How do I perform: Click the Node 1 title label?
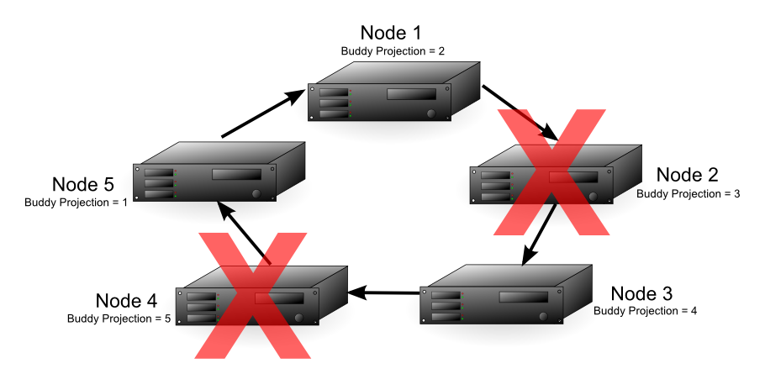point(392,33)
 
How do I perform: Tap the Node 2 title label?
point(687,175)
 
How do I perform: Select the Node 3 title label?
point(641,293)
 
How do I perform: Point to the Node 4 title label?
point(127,301)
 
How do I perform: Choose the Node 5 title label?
point(83,184)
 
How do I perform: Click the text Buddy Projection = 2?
point(393,51)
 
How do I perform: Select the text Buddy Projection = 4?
point(645,311)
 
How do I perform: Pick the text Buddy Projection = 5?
point(119,319)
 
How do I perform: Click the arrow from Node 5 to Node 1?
point(261,113)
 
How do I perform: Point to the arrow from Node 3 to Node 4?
point(384,293)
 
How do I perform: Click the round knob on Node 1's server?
point(431,113)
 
